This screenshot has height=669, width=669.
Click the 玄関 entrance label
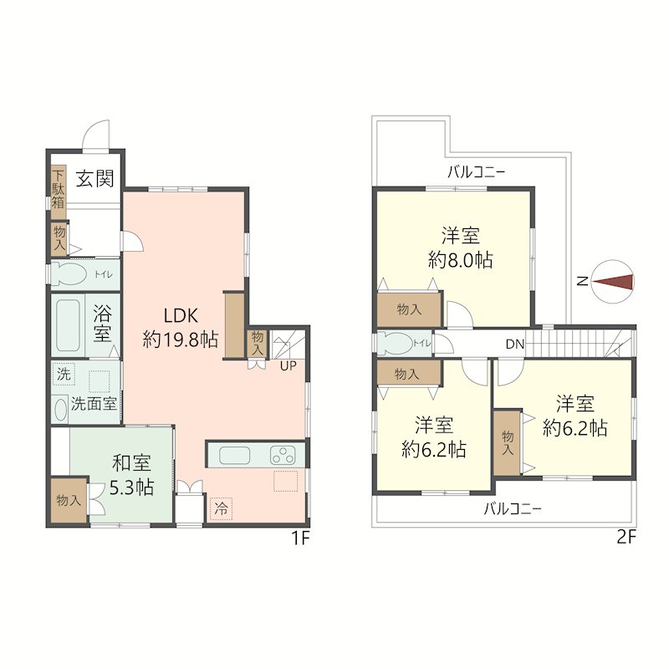click(x=94, y=178)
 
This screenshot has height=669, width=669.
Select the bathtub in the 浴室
click(x=68, y=325)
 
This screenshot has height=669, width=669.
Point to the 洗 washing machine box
click(x=64, y=374)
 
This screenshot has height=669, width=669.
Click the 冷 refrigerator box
click(x=221, y=508)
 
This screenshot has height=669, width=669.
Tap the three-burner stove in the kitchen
click(x=283, y=455)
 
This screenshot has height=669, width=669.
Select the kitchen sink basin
click(x=235, y=455)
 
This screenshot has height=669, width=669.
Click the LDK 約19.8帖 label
click(x=181, y=328)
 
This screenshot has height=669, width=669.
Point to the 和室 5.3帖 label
click(x=132, y=475)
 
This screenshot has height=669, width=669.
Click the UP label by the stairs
click(x=288, y=366)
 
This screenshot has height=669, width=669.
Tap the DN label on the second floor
click(x=514, y=345)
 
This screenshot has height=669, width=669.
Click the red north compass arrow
click(x=613, y=282)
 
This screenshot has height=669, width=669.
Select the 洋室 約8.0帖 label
click(x=461, y=248)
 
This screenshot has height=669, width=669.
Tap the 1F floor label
click(x=300, y=538)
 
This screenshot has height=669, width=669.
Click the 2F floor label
click(x=626, y=538)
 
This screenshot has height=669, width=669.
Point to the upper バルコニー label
click(x=477, y=172)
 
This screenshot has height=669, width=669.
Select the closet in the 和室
click(x=69, y=500)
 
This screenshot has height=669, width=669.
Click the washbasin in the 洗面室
click(x=61, y=410)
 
